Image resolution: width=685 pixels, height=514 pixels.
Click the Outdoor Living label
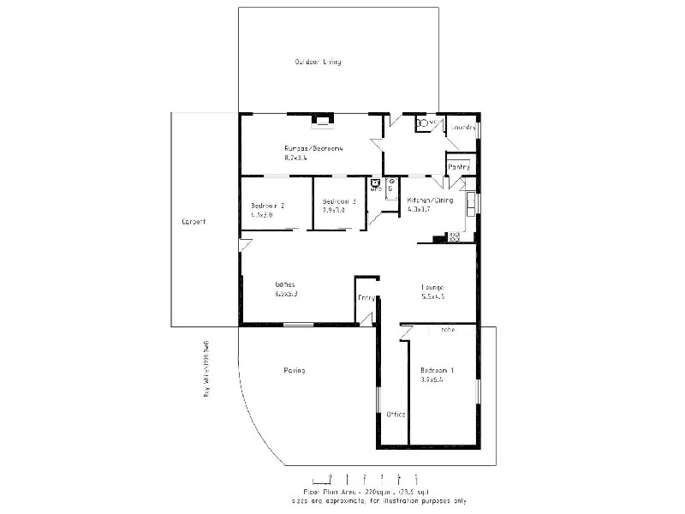tap(319, 63)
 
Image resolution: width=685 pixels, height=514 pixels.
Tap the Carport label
tap(194, 222)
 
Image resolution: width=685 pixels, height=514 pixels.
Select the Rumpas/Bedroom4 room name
tap(313, 149)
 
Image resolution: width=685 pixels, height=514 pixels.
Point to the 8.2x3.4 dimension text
tap(296, 158)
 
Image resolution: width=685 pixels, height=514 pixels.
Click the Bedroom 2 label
tap(268, 206)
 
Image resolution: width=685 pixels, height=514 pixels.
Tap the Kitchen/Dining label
tap(430, 200)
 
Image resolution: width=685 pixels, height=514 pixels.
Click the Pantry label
tap(459, 166)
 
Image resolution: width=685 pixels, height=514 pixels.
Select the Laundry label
tap(463, 128)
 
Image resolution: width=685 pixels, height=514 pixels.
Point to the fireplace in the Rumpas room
tap(323, 120)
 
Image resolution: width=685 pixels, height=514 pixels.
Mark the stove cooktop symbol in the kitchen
tap(455, 236)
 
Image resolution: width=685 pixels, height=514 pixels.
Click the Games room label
tap(284, 284)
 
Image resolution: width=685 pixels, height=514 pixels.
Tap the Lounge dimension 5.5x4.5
tap(432, 296)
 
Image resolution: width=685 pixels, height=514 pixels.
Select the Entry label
tap(366, 297)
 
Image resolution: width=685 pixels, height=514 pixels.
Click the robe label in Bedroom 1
tap(447, 330)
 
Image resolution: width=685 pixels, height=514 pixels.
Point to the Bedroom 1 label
tap(437, 371)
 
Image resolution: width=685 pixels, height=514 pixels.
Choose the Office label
tap(395, 414)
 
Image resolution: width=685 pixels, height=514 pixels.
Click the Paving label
tap(294, 370)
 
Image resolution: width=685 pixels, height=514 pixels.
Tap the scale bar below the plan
tap(365, 478)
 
